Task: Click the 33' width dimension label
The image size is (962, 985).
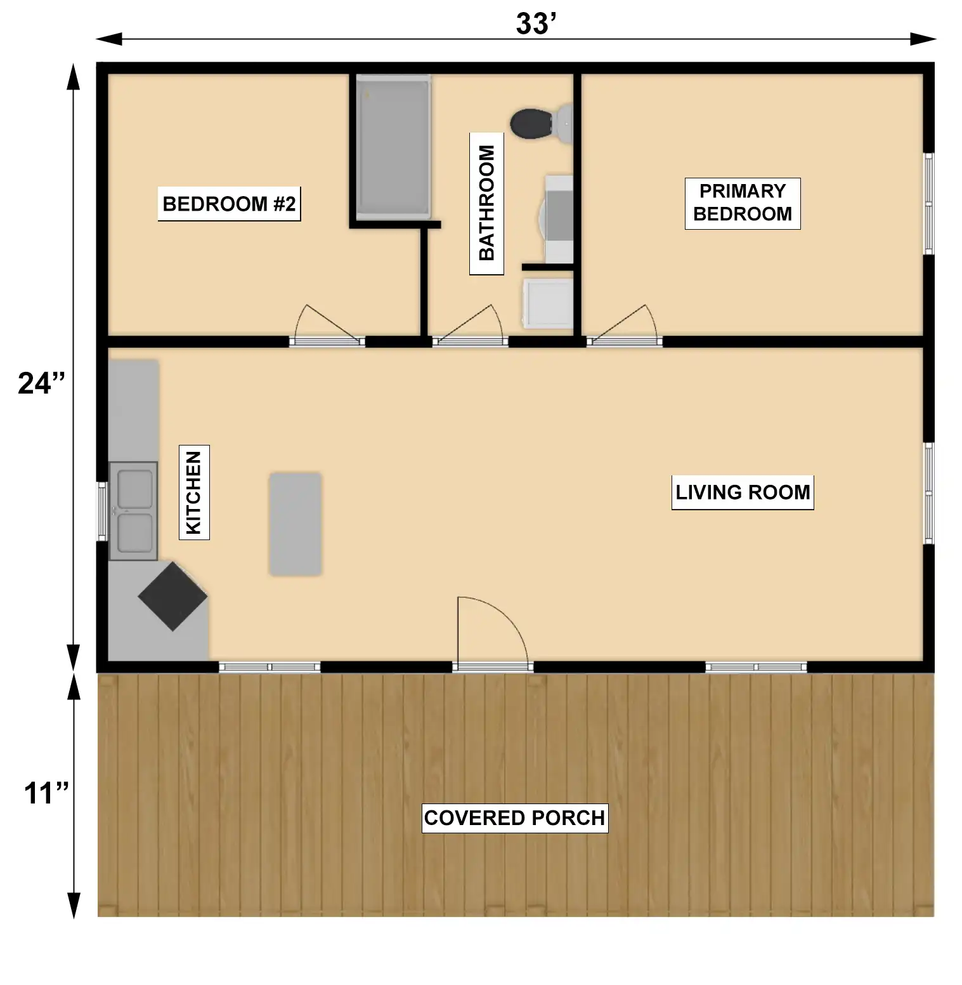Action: click(x=536, y=23)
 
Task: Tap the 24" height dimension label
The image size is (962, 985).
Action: click(x=42, y=383)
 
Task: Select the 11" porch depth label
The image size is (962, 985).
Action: click(x=46, y=793)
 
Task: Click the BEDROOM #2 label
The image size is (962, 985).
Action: click(x=229, y=204)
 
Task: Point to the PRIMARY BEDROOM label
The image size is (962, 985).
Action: click(x=743, y=203)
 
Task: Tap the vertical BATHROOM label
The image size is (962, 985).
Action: click(x=486, y=203)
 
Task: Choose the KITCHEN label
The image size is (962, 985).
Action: click(x=193, y=492)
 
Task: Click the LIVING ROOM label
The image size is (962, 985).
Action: click(x=743, y=492)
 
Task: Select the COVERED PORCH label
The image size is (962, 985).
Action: click(x=514, y=818)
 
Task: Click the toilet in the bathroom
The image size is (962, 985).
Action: click(x=542, y=124)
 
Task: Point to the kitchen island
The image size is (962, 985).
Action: click(x=295, y=524)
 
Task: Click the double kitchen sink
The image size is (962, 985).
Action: click(x=133, y=511)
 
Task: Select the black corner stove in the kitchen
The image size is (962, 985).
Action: click(x=172, y=597)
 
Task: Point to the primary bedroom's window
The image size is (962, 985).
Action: click(x=928, y=204)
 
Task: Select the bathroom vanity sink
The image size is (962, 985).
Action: click(x=558, y=220)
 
